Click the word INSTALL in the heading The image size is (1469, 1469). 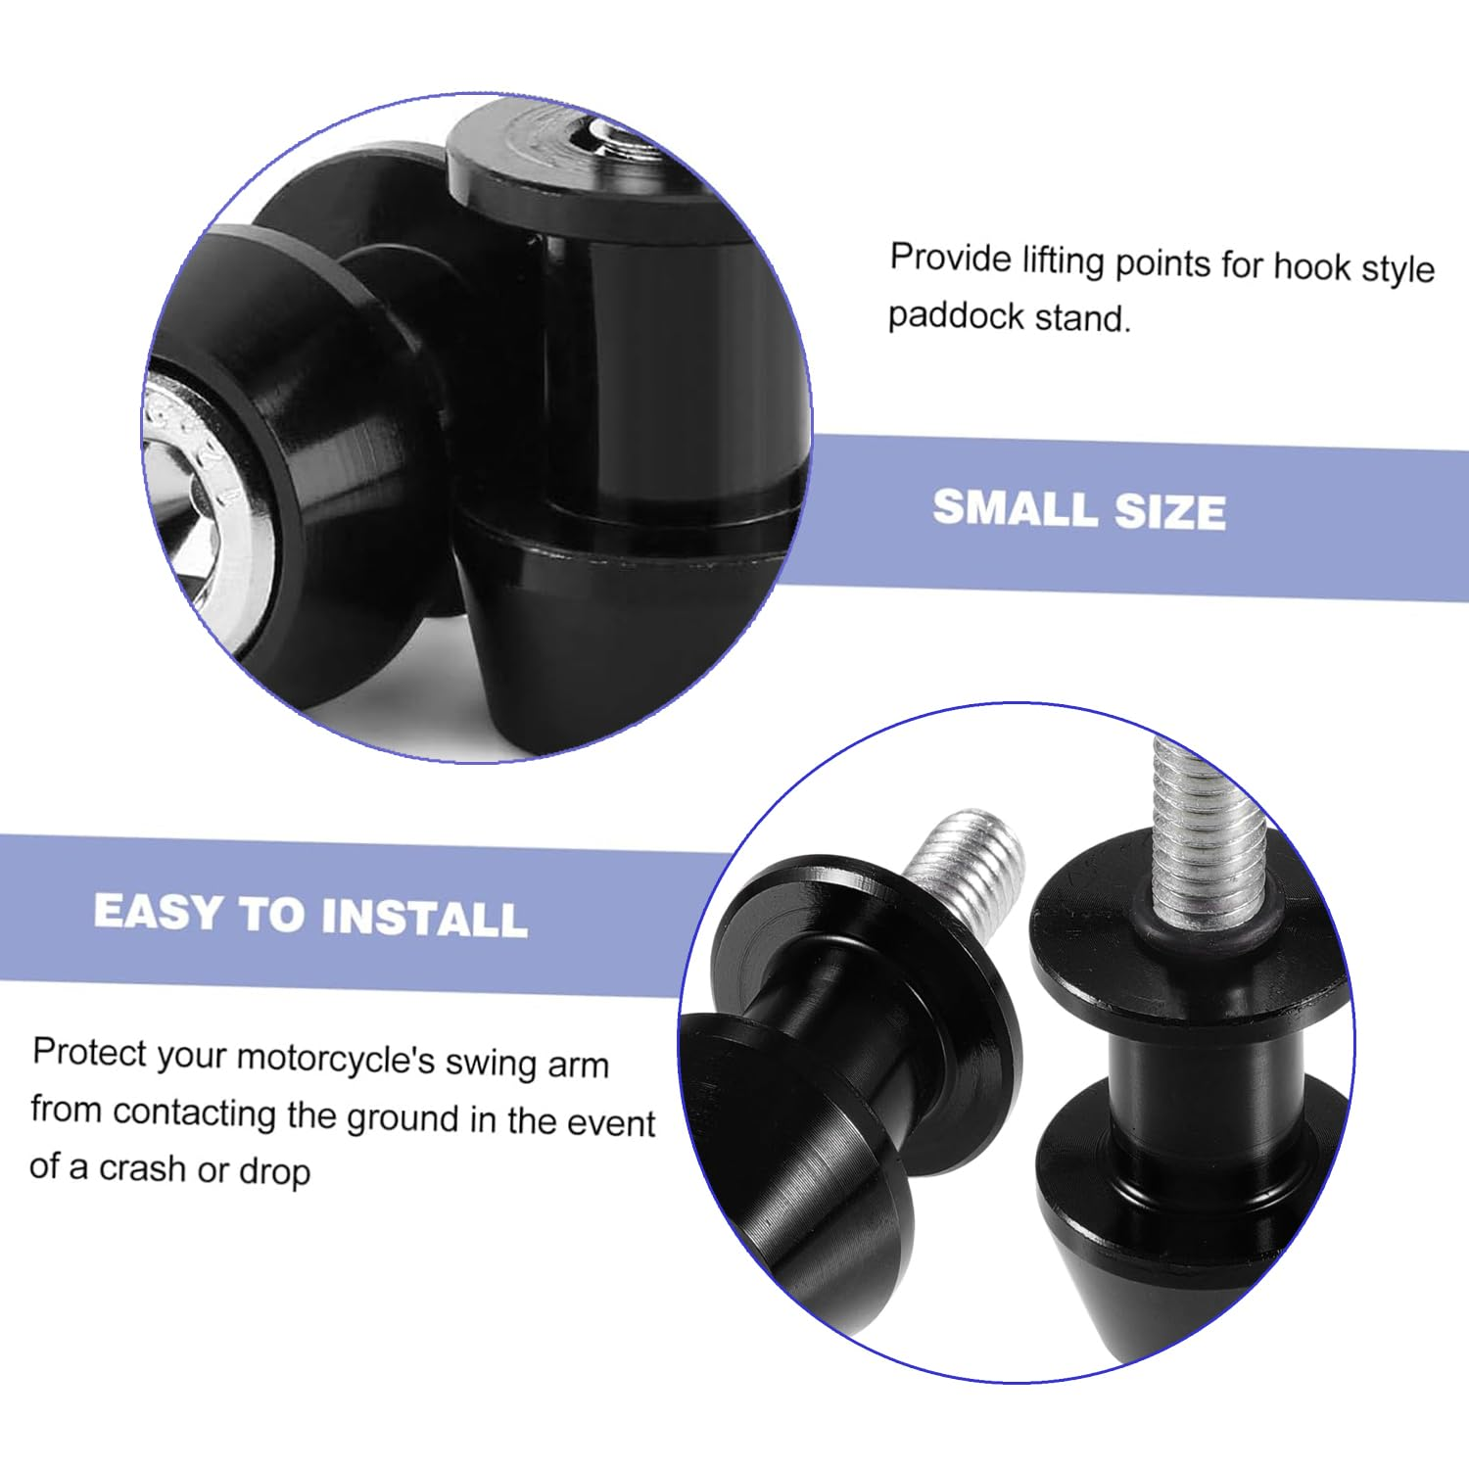[424, 918]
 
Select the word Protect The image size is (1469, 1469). [89, 1053]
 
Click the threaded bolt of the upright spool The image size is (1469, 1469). [1208, 832]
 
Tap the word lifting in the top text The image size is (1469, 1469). [1064, 261]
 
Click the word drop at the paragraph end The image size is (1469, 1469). [274, 1171]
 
